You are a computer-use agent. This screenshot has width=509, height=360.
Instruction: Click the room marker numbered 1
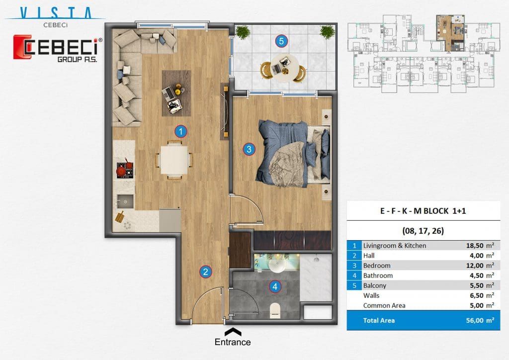pyautogui.click(x=181, y=131)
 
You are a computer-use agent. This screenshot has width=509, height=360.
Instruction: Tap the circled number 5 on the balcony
pyautogui.click(x=281, y=41)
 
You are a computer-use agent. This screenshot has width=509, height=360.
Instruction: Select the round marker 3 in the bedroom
pyautogui.click(x=249, y=149)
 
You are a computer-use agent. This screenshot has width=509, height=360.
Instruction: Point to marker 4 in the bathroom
pyautogui.click(x=275, y=286)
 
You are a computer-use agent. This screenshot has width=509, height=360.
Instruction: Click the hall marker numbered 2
pyautogui.click(x=205, y=271)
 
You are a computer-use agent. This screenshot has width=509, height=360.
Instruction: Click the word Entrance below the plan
pyautogui.click(x=233, y=342)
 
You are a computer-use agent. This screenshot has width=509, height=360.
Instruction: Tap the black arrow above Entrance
pyautogui.click(x=233, y=332)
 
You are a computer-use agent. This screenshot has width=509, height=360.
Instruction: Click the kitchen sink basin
pyautogui.click(x=125, y=201)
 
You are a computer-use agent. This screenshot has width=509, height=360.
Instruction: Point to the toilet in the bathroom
pyautogui.click(x=275, y=309)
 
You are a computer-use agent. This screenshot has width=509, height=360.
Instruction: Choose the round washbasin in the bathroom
pyautogui.click(x=277, y=266)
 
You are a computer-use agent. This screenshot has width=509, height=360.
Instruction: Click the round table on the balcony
pyautogui.click(x=284, y=69)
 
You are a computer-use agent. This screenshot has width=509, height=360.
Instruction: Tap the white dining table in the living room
pyautogui.click(x=174, y=160)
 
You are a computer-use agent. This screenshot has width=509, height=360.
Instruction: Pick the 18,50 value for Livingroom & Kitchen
pyautogui.click(x=475, y=246)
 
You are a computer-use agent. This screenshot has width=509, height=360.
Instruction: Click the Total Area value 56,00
pyautogui.click(x=475, y=320)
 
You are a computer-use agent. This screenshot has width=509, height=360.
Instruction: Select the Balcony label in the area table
pyautogui.click(x=375, y=285)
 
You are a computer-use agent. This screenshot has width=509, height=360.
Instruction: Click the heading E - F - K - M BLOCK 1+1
pyautogui.click(x=423, y=211)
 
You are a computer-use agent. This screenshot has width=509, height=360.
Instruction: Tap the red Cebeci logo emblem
pyautogui.click(x=22, y=47)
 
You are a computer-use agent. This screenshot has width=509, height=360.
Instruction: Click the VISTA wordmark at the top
pyautogui.click(x=56, y=13)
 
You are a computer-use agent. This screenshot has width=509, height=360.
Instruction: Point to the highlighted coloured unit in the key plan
pyautogui.click(x=450, y=32)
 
